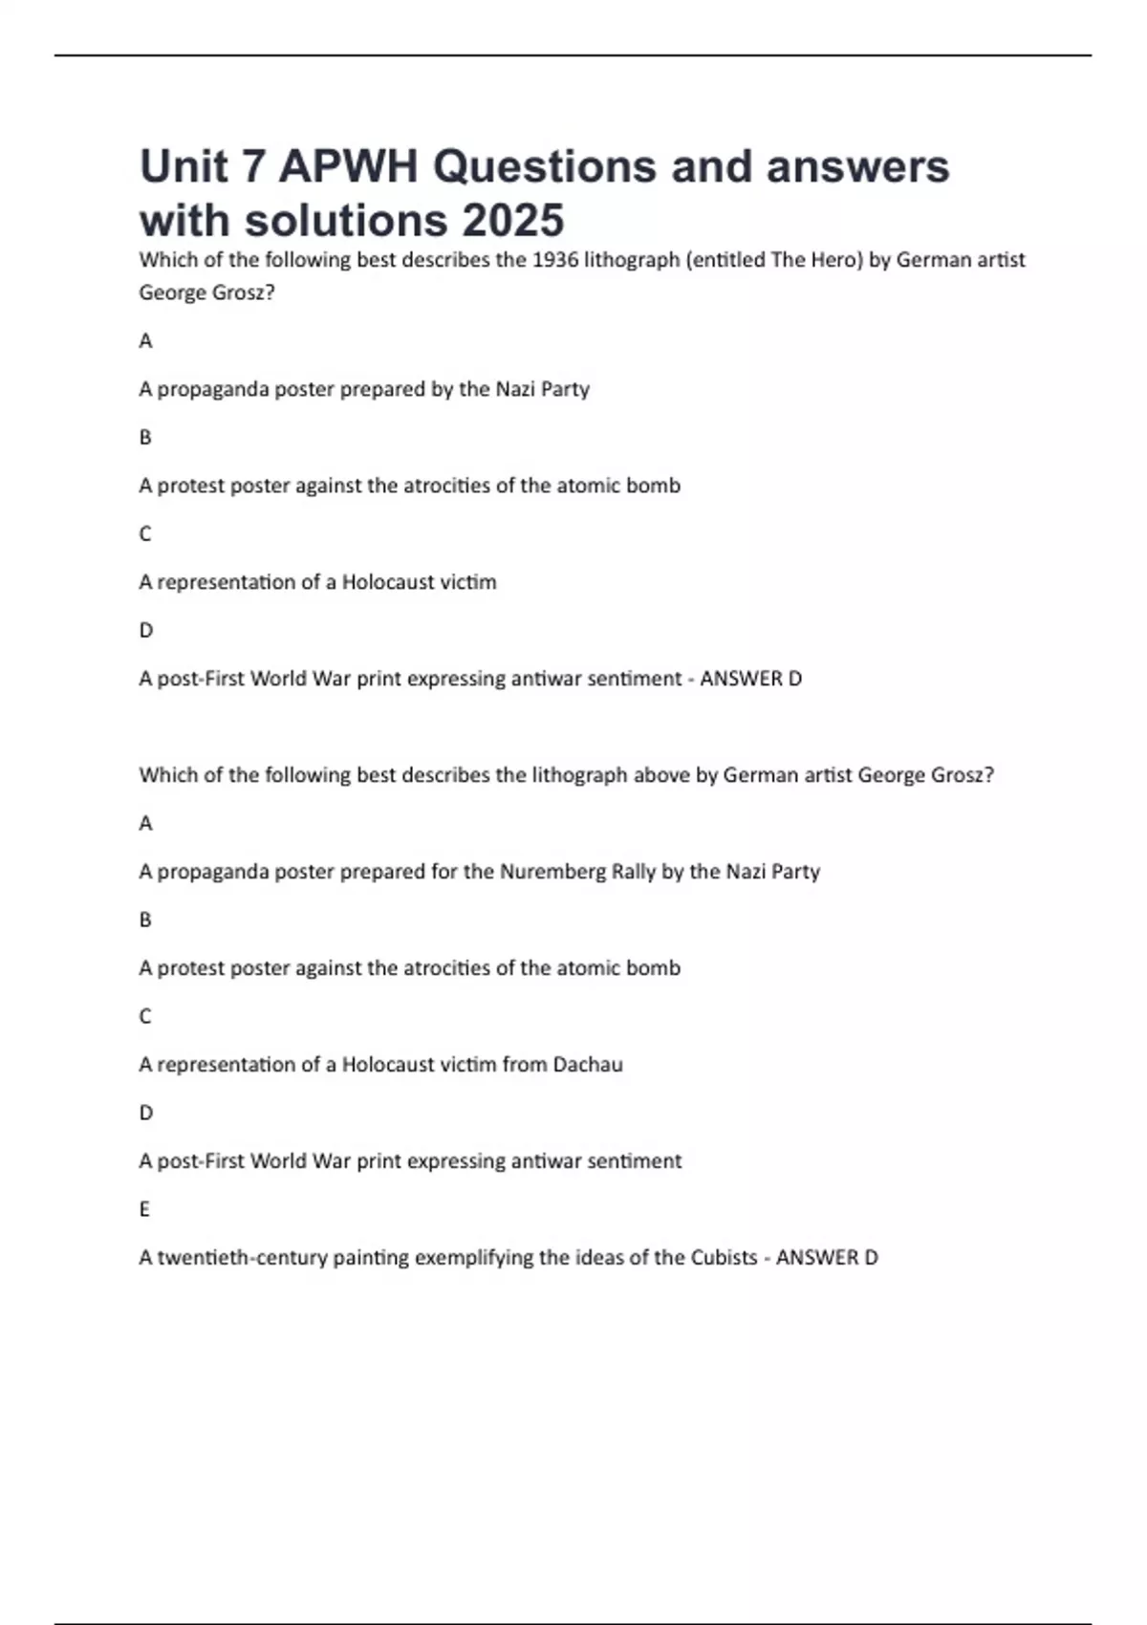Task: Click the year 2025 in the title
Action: coord(513,220)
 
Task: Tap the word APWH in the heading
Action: coord(349,166)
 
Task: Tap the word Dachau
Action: coord(588,1065)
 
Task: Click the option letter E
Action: coord(144,1209)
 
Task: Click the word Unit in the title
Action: coord(184,166)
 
